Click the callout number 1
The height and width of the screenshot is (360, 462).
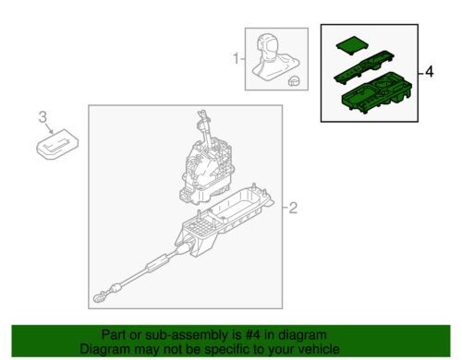[236, 58]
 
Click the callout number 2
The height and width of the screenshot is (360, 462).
[293, 209]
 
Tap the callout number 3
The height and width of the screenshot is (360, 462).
[43, 117]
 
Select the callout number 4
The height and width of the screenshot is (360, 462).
[429, 72]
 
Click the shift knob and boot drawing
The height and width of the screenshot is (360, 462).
[273, 57]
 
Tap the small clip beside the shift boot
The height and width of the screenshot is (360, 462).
[294, 81]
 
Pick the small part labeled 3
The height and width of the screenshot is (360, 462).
[57, 144]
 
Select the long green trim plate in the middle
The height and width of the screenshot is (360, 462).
[364, 67]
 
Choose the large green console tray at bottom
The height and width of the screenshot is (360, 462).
[377, 92]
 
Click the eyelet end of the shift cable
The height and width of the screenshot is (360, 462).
[100, 296]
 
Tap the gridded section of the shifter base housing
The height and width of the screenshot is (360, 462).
[201, 227]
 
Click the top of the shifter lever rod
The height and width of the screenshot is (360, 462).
[202, 114]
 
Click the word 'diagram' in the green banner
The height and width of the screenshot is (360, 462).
[302, 335]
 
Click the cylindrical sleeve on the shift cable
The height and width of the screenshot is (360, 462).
[158, 264]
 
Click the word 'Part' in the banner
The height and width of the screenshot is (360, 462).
[114, 335]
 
